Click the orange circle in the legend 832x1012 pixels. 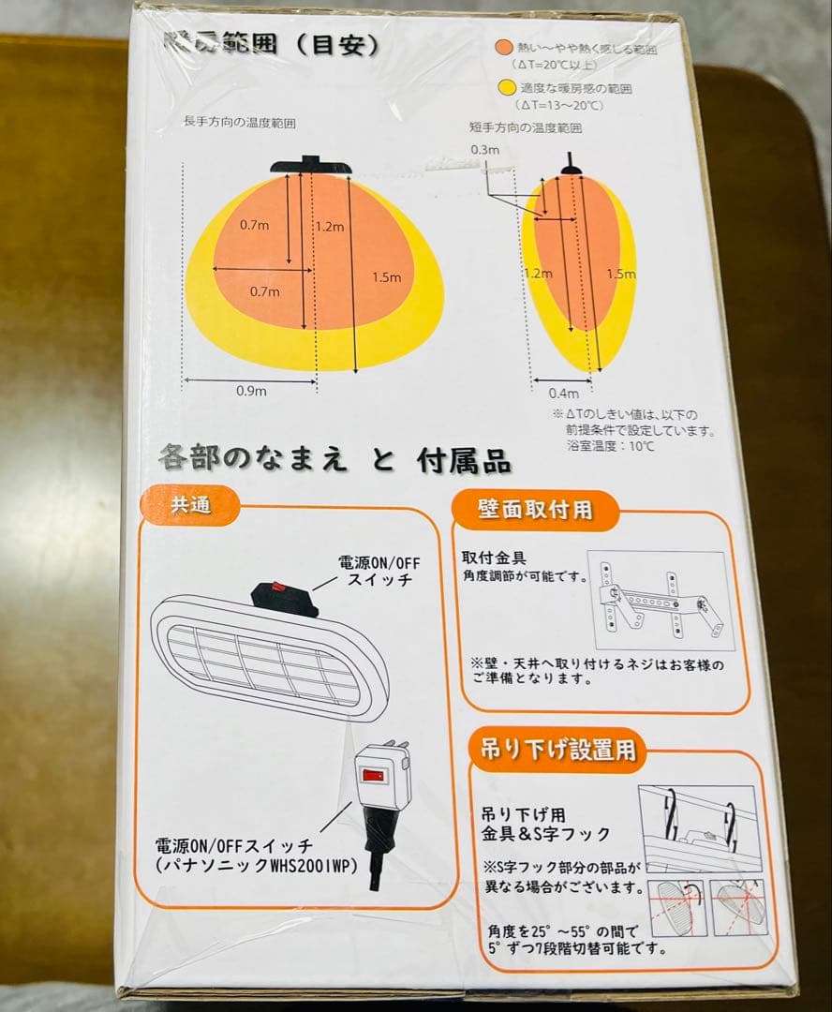pos(503,46)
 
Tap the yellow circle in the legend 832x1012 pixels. pos(504,89)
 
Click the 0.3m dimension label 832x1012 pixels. pos(485,150)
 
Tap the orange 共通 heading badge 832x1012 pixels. pos(190,505)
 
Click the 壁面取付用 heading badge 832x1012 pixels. pos(535,510)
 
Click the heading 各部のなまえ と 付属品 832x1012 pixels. pos(334,461)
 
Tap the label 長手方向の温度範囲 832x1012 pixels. pos(246,124)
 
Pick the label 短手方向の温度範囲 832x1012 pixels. pos(525,127)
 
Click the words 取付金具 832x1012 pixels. pos(495,558)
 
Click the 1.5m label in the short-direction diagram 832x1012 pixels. pos(620,274)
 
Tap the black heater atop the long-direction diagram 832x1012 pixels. pos(312,165)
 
